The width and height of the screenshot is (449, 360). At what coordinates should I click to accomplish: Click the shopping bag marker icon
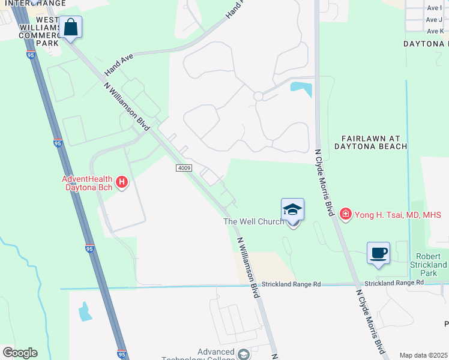click(71, 28)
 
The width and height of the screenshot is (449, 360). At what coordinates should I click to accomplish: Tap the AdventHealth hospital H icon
click(122, 182)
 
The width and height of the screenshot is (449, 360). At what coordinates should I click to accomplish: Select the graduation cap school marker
click(293, 210)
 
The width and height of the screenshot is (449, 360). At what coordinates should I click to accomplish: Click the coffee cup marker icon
click(378, 253)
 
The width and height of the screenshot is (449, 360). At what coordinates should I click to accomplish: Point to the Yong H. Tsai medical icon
click(345, 214)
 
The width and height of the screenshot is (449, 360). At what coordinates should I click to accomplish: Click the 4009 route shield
click(184, 168)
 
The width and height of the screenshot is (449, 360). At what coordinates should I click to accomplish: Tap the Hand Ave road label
click(119, 63)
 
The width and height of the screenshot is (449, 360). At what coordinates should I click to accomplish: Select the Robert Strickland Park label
click(429, 265)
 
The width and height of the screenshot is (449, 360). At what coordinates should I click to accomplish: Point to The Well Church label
click(253, 222)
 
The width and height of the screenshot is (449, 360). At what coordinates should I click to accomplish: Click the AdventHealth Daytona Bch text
click(90, 182)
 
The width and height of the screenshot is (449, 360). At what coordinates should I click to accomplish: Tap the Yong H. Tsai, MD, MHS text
click(397, 215)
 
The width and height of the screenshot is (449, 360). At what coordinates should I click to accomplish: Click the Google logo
click(20, 353)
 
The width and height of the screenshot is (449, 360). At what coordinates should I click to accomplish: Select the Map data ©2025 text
click(424, 355)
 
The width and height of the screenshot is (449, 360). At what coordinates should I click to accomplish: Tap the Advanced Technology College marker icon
click(243, 355)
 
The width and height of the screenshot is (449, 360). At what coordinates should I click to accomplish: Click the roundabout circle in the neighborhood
click(259, 96)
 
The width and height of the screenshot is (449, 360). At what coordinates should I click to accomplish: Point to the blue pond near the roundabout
click(301, 89)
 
